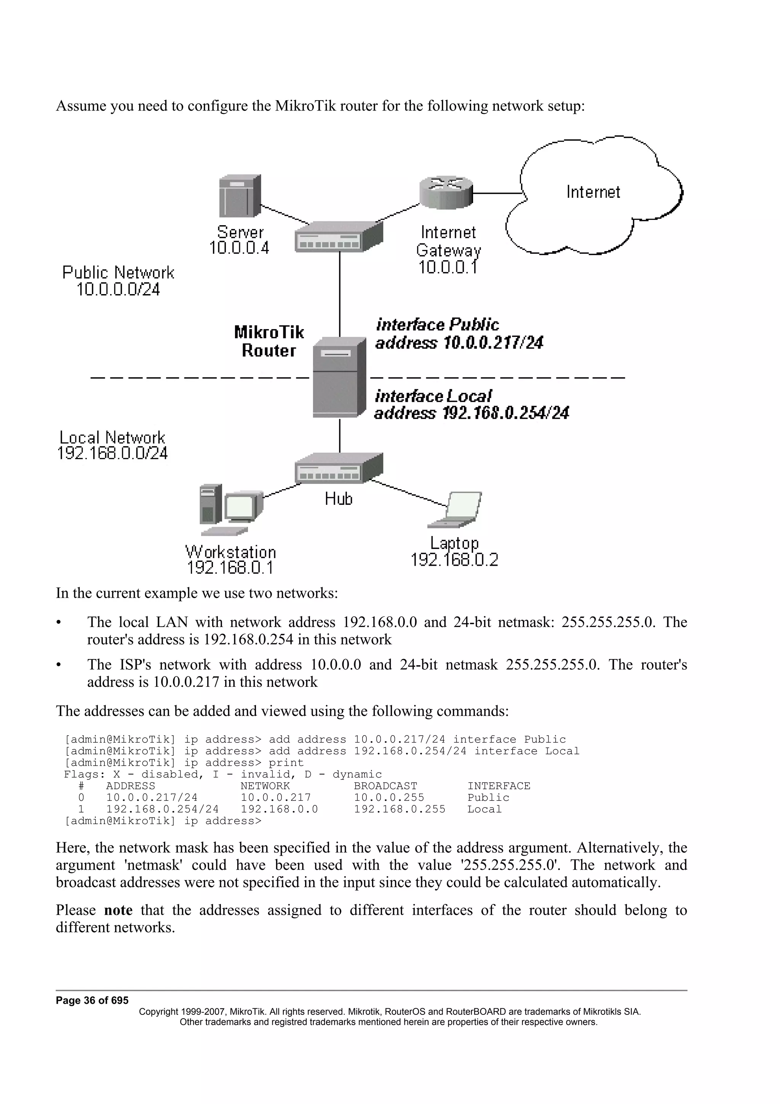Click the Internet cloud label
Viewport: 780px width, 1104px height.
593,192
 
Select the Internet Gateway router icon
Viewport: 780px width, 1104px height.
446,192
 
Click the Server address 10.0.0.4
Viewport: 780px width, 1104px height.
239,248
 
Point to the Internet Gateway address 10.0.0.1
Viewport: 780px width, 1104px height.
448,267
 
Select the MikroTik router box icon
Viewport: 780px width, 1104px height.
339,377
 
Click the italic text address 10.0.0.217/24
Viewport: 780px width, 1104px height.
459,343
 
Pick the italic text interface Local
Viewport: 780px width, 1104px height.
433,396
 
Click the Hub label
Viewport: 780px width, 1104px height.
338,499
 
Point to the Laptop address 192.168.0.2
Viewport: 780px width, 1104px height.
454,560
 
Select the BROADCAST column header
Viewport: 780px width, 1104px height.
385,786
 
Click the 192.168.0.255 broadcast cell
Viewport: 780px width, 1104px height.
400,809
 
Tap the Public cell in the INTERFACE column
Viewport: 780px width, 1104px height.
488,797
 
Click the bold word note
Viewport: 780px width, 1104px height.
118,910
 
